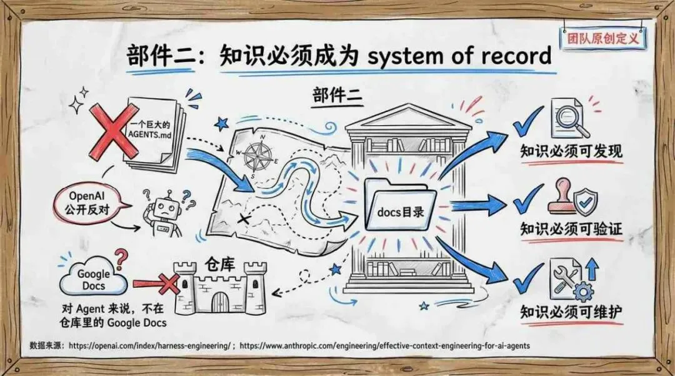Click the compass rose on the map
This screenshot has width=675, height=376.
pos(258,155)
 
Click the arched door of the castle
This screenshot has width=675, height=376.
pos(220,303)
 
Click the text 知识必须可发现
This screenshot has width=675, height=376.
pos(571,151)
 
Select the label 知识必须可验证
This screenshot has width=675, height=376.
pos(571,230)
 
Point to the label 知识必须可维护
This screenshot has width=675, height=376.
pos(571,312)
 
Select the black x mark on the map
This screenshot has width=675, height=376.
pos(244,218)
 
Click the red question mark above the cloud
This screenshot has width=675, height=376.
pos(121,257)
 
